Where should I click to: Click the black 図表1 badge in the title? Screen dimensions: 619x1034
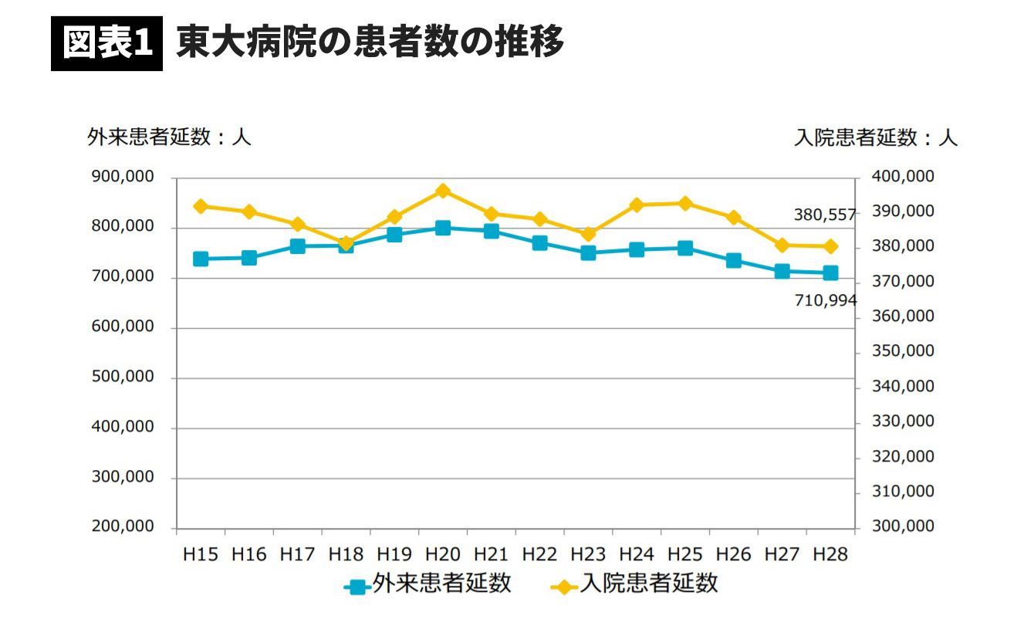tap(106, 44)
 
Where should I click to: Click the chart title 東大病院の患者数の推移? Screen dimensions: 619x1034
tap(370, 42)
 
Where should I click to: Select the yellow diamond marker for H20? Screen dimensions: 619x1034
tap(443, 191)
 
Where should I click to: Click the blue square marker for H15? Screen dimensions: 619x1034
tap(201, 259)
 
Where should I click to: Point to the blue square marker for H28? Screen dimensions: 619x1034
tap(830, 272)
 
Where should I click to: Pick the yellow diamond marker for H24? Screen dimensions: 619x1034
tap(637, 205)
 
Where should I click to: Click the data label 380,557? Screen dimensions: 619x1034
tap(825, 215)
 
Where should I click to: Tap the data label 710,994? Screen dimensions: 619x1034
tap(826, 301)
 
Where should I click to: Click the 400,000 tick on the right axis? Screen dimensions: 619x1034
tap(903, 178)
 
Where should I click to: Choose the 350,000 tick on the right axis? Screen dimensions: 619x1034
tap(903, 351)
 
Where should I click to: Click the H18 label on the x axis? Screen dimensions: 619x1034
tap(346, 554)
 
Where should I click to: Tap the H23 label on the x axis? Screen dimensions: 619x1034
tap(588, 554)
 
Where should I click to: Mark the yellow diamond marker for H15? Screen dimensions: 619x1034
tap(201, 206)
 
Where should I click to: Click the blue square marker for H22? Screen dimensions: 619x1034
tap(539, 243)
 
